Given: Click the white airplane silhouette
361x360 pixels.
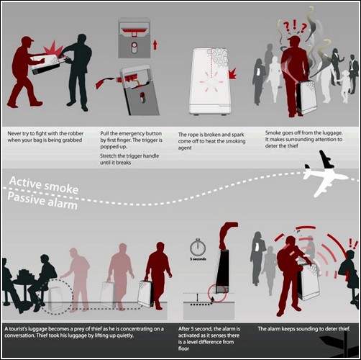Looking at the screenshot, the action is [324, 175].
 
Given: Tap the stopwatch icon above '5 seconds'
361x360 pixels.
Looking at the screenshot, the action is [198, 247].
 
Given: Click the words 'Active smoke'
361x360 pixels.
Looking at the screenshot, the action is [44, 185].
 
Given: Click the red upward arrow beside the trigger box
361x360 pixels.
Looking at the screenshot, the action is [155, 45].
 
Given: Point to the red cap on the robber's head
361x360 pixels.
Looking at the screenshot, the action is [27, 40].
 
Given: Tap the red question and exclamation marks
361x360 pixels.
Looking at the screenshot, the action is [295, 27].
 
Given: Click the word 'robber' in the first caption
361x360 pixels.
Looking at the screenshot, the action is [75, 133].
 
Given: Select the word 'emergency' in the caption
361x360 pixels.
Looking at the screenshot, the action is [131, 133].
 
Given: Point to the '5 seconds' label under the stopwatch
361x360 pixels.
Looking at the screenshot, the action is [198, 259].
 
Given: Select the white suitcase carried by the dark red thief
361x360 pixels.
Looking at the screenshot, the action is [145, 293].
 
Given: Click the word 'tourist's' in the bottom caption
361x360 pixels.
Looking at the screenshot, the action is [18, 329].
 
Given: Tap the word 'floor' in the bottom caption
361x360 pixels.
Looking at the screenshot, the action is [183, 348].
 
